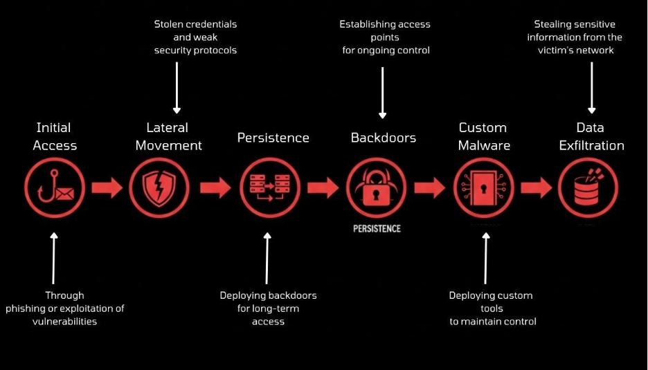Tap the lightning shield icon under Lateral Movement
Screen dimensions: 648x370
159,188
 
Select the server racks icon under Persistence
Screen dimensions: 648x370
270,188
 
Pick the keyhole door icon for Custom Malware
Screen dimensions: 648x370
483,188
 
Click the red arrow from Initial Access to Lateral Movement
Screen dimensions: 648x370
107,188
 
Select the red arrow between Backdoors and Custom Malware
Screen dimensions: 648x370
430,188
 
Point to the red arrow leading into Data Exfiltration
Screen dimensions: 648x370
536,188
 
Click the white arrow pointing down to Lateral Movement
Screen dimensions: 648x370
177,88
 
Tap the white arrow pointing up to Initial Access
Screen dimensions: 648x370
54,258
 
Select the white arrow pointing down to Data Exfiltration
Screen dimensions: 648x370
591,88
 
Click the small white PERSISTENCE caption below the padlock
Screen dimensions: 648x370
377,228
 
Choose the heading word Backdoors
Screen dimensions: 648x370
384,138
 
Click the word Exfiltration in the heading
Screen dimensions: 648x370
591,145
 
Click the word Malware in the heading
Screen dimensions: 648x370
484,145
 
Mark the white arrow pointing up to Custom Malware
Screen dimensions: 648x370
486,258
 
